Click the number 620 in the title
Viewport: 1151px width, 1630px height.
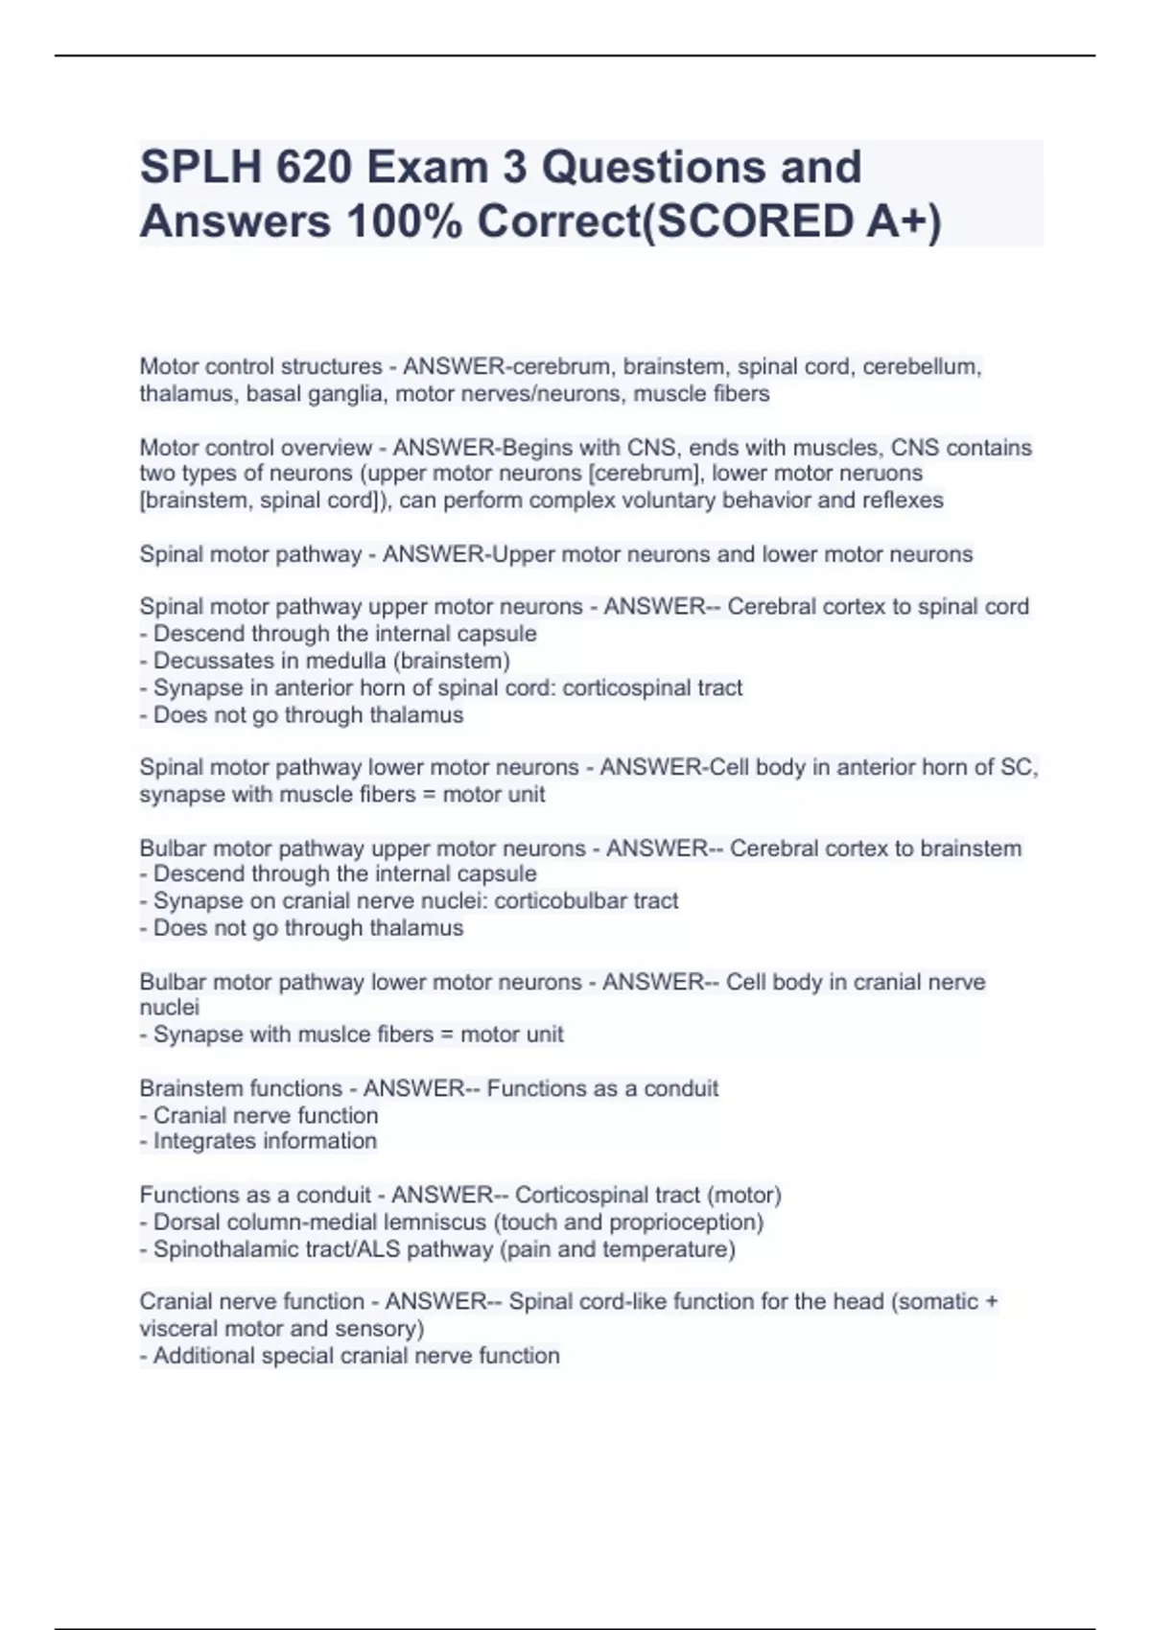pos(312,168)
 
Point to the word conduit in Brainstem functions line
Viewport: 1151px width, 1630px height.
pos(681,1088)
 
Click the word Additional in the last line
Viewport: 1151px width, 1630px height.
pos(204,1356)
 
